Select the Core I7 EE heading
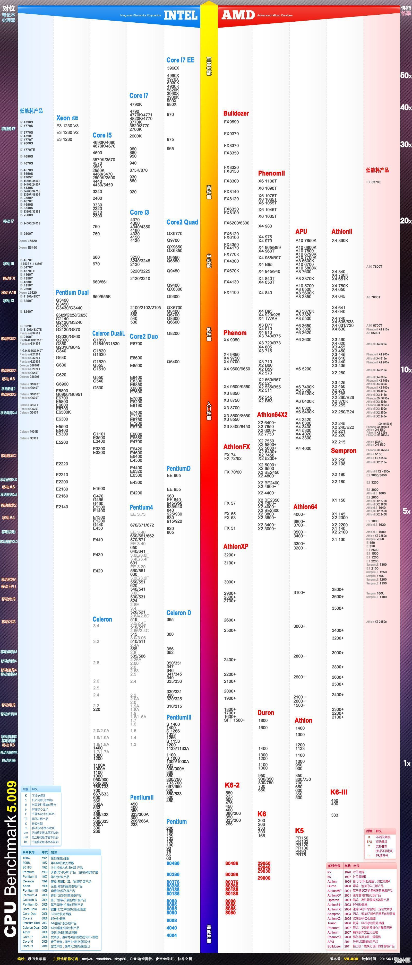pyautogui.click(x=180, y=60)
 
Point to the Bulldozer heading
pyautogui.click(x=236, y=113)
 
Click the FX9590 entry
pyautogui.click(x=231, y=122)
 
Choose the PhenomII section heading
pyautogui.click(x=271, y=173)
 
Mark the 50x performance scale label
pyautogui.click(x=406, y=75)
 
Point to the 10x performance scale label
pyautogui.click(x=406, y=370)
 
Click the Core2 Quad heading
pyautogui.click(x=182, y=222)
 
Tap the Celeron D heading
pyautogui.click(x=178, y=613)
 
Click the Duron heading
pyautogui.click(x=266, y=713)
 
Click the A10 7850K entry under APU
pyautogui.click(x=306, y=241)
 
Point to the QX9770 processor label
pyautogui.click(x=174, y=233)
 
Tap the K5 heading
pyautogui.click(x=299, y=830)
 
